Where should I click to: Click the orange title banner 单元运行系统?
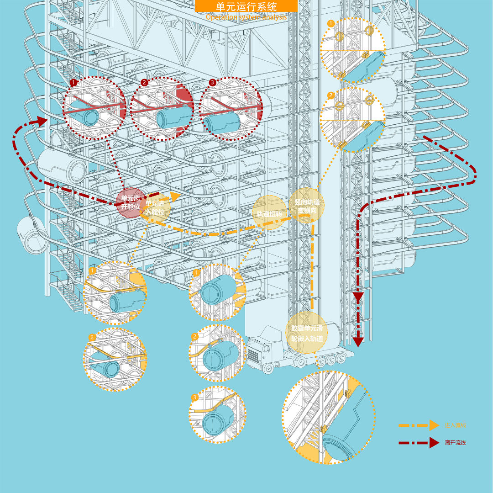[246, 6]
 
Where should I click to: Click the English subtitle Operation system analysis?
[246, 17]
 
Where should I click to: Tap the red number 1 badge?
[73, 83]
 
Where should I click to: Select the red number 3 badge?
[212, 82]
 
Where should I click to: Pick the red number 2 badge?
[144, 82]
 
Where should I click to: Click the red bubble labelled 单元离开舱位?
[131, 203]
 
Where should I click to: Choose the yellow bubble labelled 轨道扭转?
[269, 212]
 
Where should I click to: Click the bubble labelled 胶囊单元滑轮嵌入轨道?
[307, 333]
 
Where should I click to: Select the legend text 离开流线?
[456, 442]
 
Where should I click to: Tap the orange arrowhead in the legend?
[434, 425]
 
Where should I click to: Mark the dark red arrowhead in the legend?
[434, 442]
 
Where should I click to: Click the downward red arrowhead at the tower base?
[358, 340]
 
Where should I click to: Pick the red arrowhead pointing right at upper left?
[42, 121]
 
